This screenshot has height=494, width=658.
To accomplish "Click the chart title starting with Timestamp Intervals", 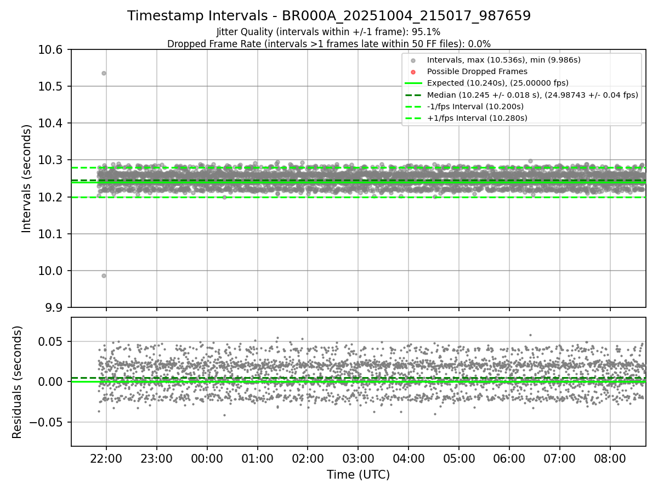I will click(x=329, y=16).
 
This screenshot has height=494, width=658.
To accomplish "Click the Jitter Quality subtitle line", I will click(x=328, y=32).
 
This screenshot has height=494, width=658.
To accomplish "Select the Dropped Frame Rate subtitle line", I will click(x=329, y=44).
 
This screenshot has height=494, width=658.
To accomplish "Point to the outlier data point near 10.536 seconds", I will click(x=104, y=73).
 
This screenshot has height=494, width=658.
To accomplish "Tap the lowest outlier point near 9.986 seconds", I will click(x=104, y=276).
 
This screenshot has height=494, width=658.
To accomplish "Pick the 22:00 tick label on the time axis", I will click(x=106, y=458).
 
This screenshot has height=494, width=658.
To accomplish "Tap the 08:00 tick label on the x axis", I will click(x=610, y=458).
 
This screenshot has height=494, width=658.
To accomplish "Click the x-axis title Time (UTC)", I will click(x=358, y=475).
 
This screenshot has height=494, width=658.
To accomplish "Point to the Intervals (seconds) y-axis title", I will click(x=27, y=178).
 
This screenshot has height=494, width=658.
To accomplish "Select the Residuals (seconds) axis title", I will click(x=18, y=381).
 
